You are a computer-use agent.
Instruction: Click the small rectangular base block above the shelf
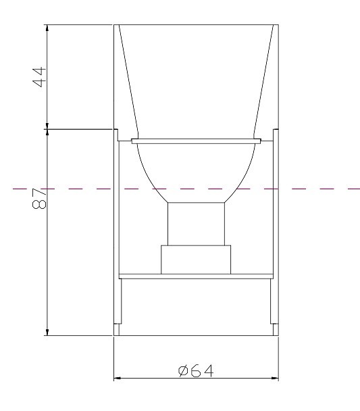[196, 260]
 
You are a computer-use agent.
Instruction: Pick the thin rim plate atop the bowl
[196, 141]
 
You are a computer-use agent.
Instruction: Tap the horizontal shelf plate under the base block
[196, 276]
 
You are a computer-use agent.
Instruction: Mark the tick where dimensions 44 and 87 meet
[47, 128]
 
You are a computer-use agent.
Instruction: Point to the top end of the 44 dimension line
[47, 26]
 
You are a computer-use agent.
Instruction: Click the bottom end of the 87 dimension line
[47, 333]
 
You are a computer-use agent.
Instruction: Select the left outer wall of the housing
[113, 230]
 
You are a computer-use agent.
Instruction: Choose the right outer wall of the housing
[278, 230]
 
